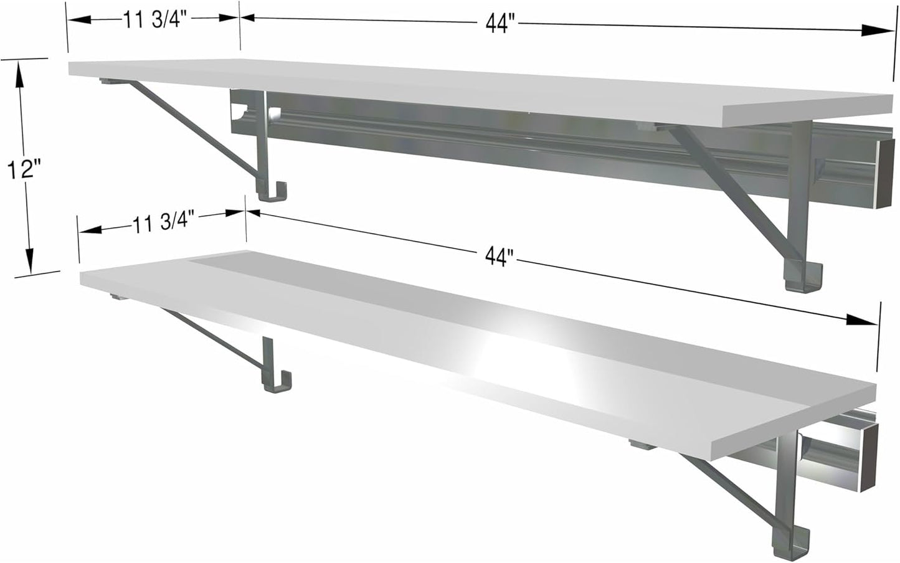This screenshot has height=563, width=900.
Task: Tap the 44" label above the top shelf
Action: pos(500,24)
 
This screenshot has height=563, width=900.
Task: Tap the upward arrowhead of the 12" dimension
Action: pos(21,75)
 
